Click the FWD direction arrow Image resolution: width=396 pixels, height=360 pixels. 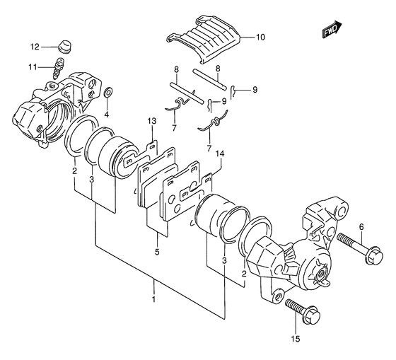332,29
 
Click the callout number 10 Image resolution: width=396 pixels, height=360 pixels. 260,37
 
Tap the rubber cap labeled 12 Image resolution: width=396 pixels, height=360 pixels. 64,47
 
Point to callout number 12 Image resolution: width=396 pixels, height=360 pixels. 35,47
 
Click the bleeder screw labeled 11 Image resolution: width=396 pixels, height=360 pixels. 58,68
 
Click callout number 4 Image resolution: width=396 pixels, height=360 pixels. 107,115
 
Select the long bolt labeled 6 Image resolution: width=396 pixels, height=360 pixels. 360,248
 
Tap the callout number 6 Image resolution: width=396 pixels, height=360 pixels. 361,227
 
